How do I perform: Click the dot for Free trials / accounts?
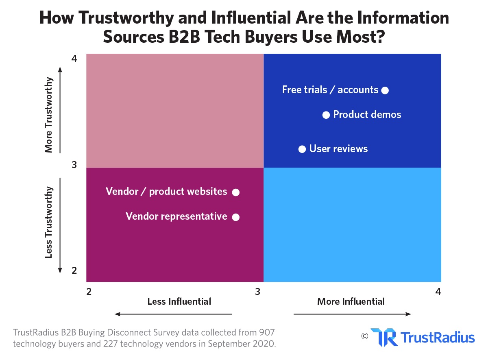click(x=385, y=90)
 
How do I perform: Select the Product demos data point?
click(x=326, y=115)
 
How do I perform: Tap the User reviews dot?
click(x=302, y=149)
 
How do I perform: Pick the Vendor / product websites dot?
click(x=236, y=192)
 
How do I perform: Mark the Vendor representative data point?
click(x=236, y=217)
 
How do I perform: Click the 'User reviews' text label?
click(x=338, y=149)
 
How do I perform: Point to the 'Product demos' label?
click(x=367, y=115)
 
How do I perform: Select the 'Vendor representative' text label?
click(x=176, y=216)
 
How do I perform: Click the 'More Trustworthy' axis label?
click(x=49, y=115)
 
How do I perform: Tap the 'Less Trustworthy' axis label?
click(x=49, y=222)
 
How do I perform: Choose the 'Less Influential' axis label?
click(x=179, y=301)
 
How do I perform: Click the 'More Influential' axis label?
click(x=351, y=301)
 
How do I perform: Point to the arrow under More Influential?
click(x=352, y=314)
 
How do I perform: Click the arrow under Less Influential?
click(x=173, y=314)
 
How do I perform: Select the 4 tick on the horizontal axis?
click(x=438, y=292)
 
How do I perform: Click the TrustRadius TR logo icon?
click(x=383, y=337)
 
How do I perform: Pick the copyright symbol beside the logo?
click(x=364, y=336)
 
